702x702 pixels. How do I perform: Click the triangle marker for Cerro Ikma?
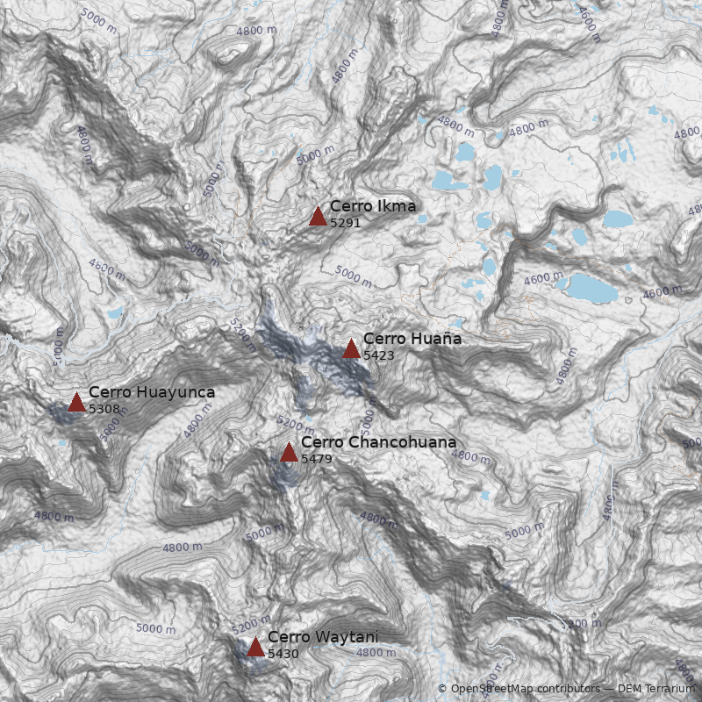tap(318, 216)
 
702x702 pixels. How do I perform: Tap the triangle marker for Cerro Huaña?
tap(351, 348)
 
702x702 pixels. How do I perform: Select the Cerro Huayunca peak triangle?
tap(76, 403)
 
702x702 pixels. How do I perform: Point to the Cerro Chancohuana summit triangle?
tap(289, 452)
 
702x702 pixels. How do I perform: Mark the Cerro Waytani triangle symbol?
tap(255, 648)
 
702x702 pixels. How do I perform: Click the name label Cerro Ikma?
tap(373, 207)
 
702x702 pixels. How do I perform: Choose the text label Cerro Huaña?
tap(412, 339)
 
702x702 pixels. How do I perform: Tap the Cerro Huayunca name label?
tap(152, 392)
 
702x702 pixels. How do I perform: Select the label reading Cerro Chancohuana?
tap(378, 442)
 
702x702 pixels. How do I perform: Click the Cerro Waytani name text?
tap(323, 637)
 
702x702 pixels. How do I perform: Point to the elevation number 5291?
tap(346, 223)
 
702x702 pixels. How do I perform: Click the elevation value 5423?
tap(378, 355)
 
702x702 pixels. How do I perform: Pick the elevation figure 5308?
tap(104, 409)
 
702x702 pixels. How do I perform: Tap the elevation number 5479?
tap(317, 459)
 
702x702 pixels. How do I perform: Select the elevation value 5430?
tap(283, 654)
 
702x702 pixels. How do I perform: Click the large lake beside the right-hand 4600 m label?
tap(591, 288)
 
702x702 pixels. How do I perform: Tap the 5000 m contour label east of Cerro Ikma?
tap(355, 277)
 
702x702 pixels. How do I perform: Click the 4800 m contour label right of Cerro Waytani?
tap(376, 652)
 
